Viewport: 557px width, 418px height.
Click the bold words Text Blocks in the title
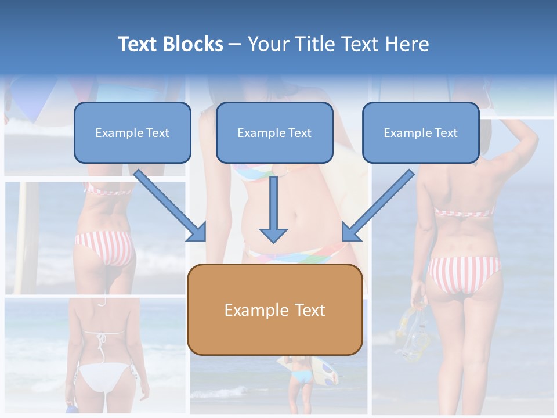[170, 44]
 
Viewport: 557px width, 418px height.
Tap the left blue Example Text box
[132, 133]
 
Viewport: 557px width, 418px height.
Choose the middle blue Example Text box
[274, 133]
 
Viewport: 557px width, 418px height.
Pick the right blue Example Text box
[421, 133]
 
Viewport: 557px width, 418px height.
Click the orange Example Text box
[274, 310]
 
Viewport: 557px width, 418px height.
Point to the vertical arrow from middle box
[273, 209]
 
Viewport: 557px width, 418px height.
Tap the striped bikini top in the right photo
[464, 212]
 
